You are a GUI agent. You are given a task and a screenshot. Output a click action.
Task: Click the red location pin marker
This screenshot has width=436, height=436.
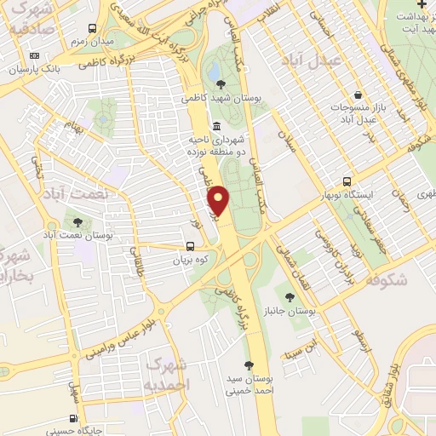[x=221, y=201]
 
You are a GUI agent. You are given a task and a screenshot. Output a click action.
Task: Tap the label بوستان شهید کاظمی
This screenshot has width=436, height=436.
[x=229, y=98]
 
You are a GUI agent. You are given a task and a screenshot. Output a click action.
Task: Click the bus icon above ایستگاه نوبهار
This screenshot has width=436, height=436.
[x=346, y=181]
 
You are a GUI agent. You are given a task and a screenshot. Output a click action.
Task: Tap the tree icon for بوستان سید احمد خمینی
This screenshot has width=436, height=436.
[x=250, y=364]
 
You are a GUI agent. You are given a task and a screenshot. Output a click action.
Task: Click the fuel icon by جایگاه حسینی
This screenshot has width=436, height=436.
[x=73, y=418]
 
